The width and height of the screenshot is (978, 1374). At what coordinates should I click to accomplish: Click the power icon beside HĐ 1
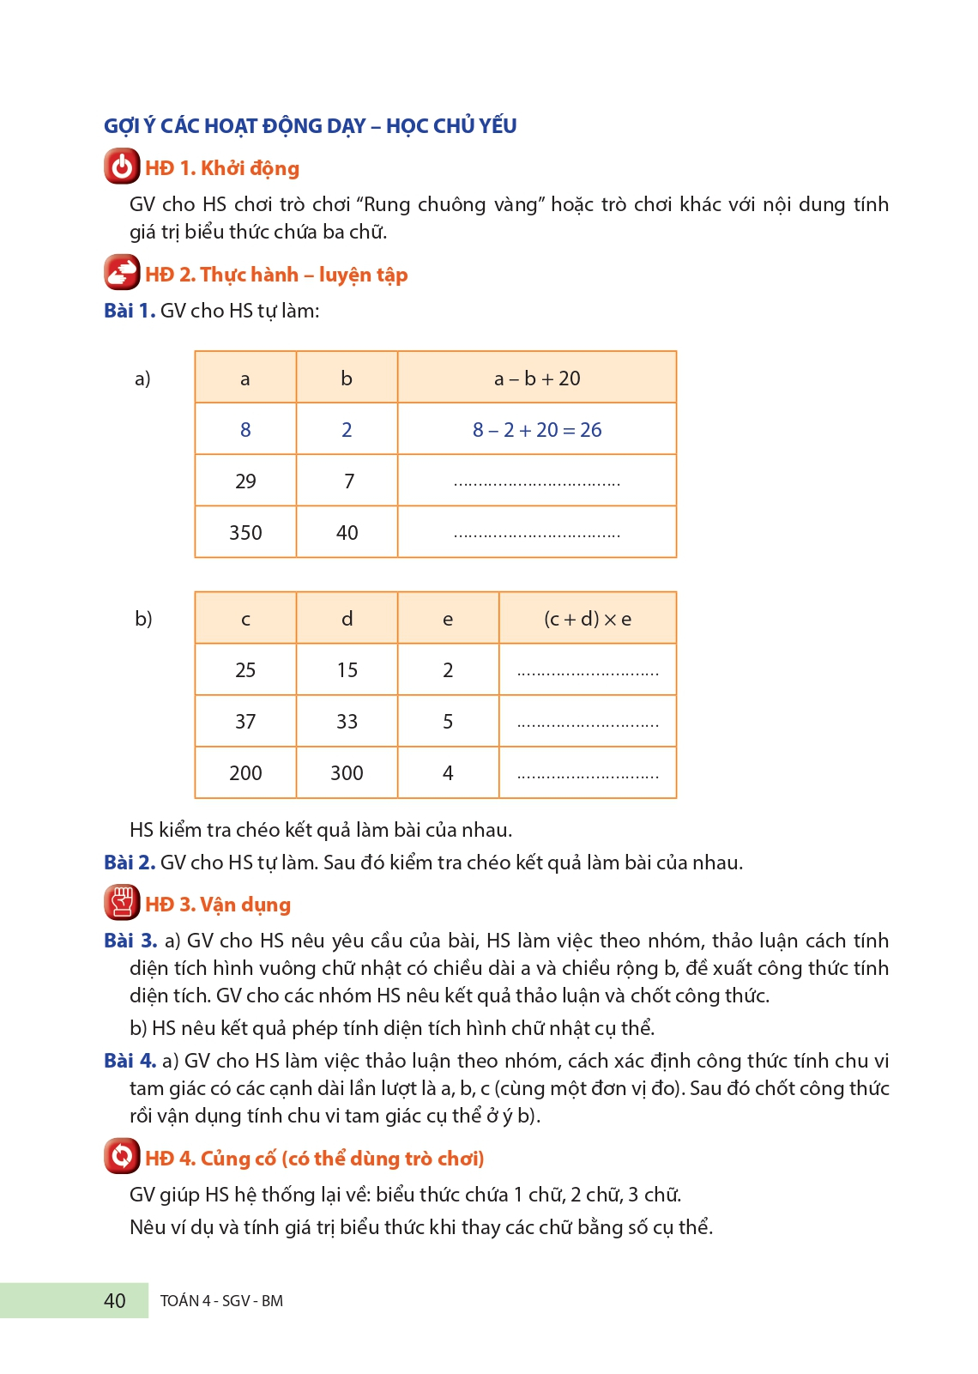[122, 166]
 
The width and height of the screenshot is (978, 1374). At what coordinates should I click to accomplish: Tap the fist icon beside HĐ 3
[122, 903]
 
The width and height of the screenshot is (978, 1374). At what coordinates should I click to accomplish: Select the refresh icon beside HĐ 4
[122, 1156]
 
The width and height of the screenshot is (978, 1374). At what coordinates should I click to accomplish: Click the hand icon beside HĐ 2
[122, 273]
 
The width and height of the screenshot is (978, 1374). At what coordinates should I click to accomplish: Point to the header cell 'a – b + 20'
[537, 378]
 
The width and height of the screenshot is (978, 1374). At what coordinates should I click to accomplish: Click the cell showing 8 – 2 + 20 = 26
[537, 429]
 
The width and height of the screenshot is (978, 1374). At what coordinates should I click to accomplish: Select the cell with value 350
[245, 532]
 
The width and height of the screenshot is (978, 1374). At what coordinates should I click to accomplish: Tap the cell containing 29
[245, 481]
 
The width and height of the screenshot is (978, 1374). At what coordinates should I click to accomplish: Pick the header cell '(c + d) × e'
[588, 618]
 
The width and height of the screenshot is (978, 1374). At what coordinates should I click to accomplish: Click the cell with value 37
[245, 721]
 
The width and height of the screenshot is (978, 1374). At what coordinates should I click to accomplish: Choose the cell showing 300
[347, 772]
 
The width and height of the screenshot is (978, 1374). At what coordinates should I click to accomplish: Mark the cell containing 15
[347, 669]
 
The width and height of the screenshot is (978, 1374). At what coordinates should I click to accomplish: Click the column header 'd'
[347, 618]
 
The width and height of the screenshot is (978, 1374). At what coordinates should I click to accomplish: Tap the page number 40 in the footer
[114, 1300]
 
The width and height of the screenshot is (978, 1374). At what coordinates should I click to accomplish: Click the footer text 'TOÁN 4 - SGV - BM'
[221, 1300]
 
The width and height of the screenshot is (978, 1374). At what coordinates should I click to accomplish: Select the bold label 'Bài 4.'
[130, 1061]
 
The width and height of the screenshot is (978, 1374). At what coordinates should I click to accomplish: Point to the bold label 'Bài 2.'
[130, 863]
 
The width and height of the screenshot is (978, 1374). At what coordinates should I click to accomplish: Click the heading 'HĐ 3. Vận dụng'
[218, 905]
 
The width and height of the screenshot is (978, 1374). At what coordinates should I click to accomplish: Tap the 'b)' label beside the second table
[143, 618]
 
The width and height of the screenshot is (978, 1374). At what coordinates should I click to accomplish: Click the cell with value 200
[245, 772]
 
